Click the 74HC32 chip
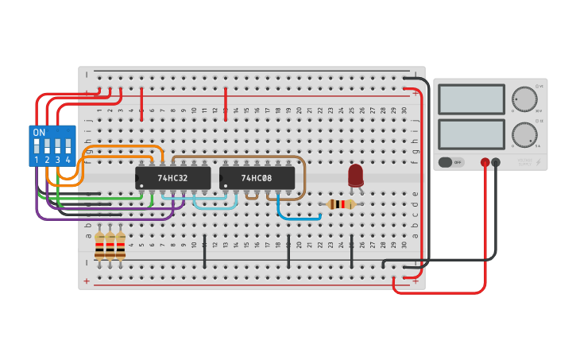pos(172,178)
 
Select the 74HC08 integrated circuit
pos(257,178)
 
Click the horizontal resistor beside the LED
pos(342,204)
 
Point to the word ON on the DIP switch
pos(39,132)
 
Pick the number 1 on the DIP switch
pos(37,160)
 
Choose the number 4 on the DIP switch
pos(68,160)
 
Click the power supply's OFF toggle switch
pos(450,162)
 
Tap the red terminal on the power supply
pos(485,162)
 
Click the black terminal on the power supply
pos(496,162)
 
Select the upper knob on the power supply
pos(524,99)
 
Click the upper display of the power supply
pos(471,99)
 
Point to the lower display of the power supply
pos(471,134)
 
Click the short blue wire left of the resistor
pos(299,215)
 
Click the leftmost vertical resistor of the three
pos(99,246)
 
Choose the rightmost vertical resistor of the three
pos(120,246)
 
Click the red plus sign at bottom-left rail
pos(87,281)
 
